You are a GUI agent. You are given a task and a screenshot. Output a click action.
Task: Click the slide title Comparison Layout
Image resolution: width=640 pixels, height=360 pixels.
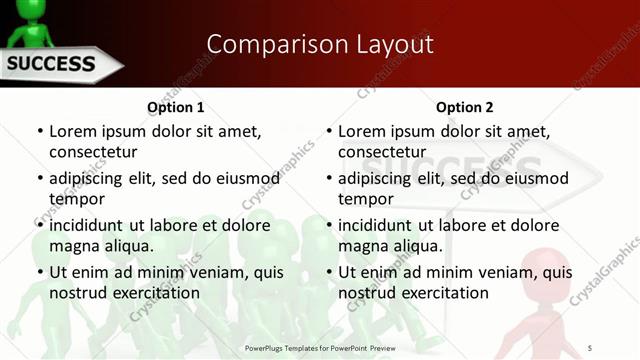320,44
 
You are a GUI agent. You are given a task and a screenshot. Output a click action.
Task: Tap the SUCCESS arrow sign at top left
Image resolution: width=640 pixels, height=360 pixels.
55,66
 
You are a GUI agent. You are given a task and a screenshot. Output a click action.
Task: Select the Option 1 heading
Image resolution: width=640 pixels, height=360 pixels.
176,107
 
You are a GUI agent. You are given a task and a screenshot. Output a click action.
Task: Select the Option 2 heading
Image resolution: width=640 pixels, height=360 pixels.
465,107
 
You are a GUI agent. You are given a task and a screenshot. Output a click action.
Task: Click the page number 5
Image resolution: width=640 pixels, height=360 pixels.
591,347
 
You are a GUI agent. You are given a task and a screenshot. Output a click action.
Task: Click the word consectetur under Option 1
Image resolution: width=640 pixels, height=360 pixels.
93,152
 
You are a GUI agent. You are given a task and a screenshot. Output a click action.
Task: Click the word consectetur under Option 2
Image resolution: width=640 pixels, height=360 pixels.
382,152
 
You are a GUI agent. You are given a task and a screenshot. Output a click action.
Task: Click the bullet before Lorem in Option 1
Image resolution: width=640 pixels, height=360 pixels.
40,131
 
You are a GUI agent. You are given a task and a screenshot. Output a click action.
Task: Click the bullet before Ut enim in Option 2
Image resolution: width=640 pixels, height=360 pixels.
329,272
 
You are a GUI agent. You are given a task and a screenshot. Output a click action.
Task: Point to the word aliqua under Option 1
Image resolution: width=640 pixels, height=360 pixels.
130,246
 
